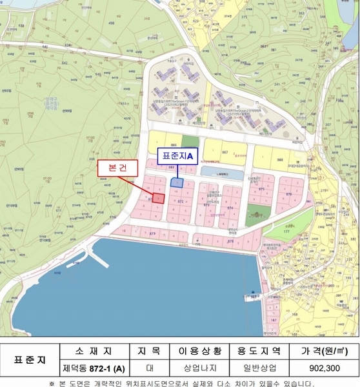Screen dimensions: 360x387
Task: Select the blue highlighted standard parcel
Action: (177, 183)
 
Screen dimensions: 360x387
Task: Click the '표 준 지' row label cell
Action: (30, 359)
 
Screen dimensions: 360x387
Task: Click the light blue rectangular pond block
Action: (221, 172)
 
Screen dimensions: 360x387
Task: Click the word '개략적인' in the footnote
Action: (112, 382)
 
